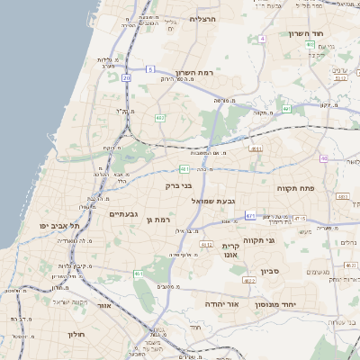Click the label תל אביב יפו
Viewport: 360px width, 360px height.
(59, 225)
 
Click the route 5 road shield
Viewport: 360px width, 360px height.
(151, 69)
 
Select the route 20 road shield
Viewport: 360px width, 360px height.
(126, 78)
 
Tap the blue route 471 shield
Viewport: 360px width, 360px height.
(250, 215)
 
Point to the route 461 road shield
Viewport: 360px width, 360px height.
(139, 274)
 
